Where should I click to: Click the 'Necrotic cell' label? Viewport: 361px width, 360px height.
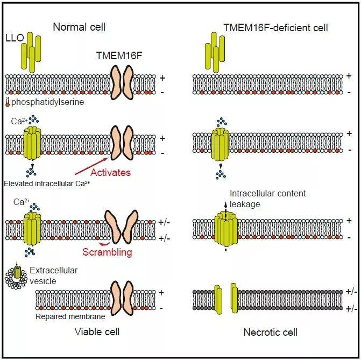tap(271, 332)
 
